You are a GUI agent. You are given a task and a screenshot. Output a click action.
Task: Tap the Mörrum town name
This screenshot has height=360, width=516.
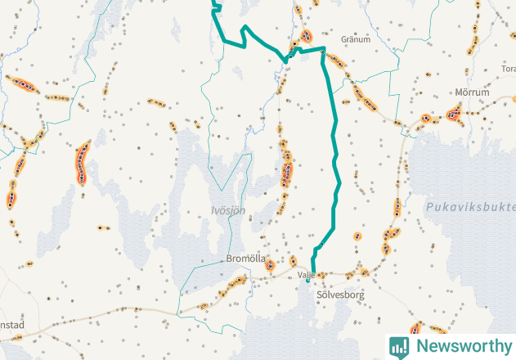(472, 93)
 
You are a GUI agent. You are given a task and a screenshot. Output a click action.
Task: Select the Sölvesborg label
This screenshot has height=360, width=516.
(339, 294)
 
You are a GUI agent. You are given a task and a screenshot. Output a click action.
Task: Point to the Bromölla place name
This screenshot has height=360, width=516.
(245, 259)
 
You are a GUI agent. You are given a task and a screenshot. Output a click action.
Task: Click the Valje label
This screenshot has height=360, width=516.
(307, 275)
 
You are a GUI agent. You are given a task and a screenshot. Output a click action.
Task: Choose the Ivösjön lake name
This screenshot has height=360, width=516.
(228, 211)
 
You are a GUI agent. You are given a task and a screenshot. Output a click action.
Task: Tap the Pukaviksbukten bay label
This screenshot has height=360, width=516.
(469, 208)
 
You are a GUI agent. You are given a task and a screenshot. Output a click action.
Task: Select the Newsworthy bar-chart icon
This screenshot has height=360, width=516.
(400, 347)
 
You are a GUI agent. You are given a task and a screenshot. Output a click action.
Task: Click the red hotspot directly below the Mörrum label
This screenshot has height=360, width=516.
(454, 115)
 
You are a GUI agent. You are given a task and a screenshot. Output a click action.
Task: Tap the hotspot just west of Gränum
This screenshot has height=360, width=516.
(307, 37)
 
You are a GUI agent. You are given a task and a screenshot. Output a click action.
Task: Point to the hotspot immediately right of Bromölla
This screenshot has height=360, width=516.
(269, 264)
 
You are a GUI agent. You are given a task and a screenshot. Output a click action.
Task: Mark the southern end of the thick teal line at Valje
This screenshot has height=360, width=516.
(308, 281)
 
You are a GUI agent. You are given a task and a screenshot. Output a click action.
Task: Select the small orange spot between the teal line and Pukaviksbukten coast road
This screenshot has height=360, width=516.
(358, 236)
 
